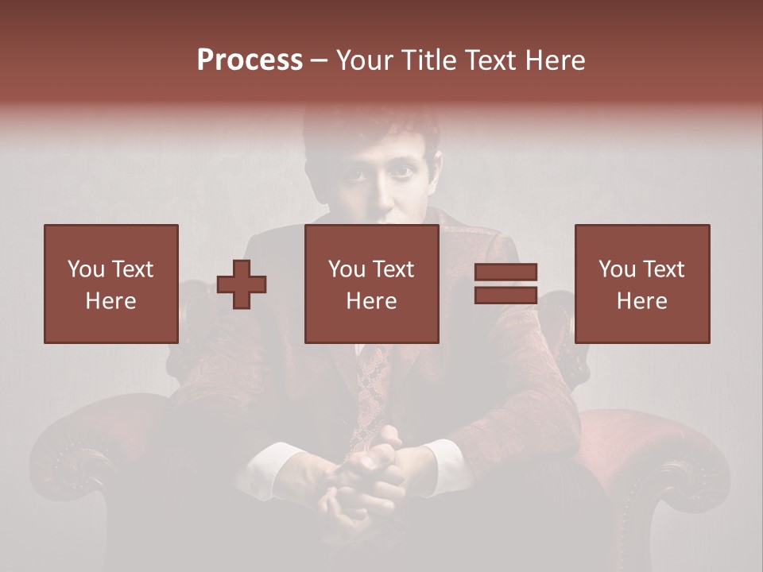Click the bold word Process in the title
[x=250, y=60]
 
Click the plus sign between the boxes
[x=242, y=284]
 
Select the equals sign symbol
[x=505, y=284]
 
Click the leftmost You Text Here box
[x=110, y=284]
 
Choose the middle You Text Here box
[x=371, y=284]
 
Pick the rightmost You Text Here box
[x=641, y=284]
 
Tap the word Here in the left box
[x=110, y=301]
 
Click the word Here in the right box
[x=641, y=301]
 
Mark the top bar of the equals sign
[x=505, y=272]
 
